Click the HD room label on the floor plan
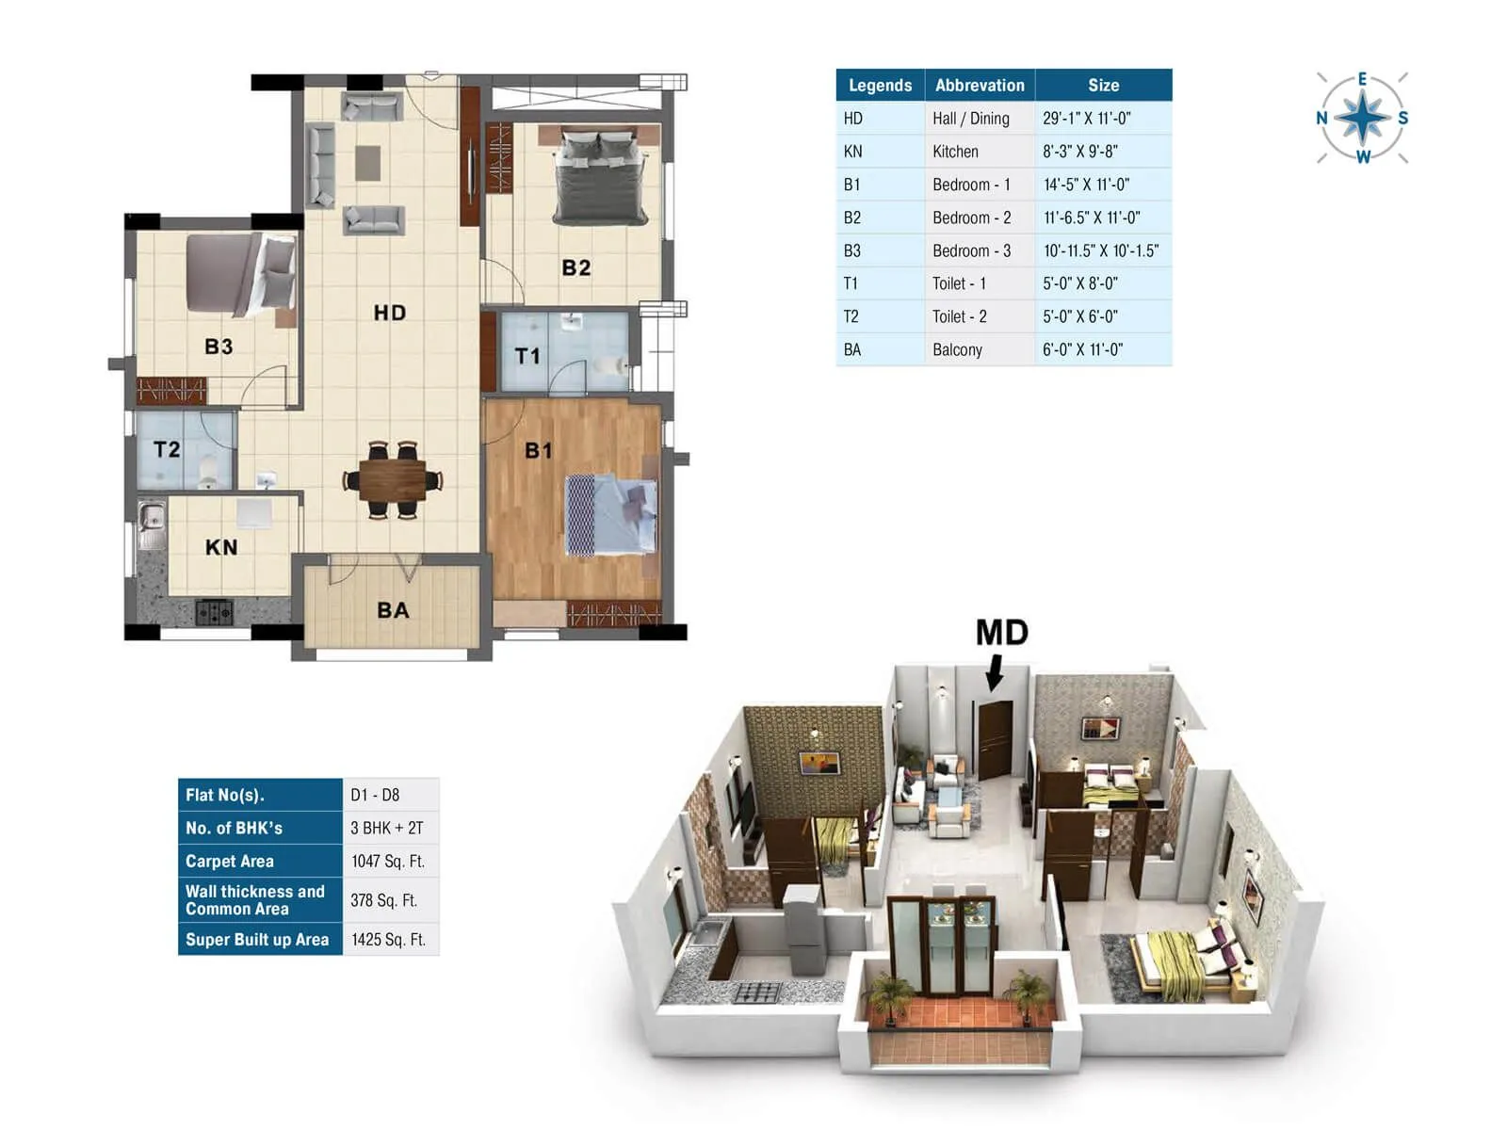coord(389,313)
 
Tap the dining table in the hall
coord(393,480)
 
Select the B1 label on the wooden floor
coord(538,451)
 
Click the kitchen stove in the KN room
coord(214,613)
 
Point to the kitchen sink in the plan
coord(151,517)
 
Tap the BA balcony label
coord(393,610)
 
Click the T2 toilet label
coord(167,449)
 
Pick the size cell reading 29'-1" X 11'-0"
coord(1086,119)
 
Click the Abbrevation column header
coord(980,85)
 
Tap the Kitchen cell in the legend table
coord(955,152)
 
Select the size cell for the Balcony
coord(1082,349)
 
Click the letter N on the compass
coord(1321,118)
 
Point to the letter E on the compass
coord(1362,80)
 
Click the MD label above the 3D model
coord(1001,633)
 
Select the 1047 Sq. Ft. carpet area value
coord(388,861)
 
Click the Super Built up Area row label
coord(257,939)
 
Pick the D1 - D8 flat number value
coord(375,795)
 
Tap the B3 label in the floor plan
coord(219,347)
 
